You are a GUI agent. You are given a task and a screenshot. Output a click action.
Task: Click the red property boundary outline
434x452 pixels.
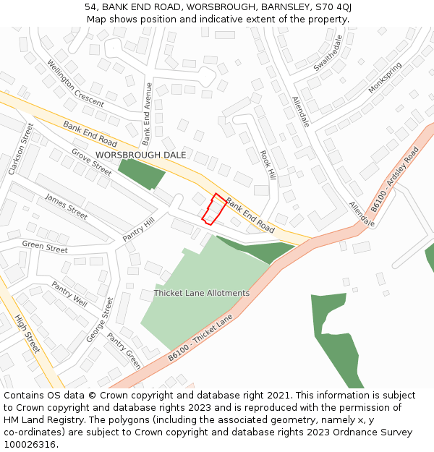(213, 209)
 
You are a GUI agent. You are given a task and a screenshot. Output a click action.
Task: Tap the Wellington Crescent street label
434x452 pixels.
(75, 83)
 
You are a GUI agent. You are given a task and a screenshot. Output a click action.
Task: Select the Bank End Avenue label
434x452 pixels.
(147, 114)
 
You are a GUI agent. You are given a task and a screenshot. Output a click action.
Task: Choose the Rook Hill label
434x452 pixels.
(268, 165)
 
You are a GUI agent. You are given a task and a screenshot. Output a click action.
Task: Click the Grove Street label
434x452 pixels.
(91, 162)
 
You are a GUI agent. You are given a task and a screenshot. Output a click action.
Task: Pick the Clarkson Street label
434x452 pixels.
(21, 148)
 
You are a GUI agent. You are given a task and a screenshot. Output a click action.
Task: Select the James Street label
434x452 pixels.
(66, 206)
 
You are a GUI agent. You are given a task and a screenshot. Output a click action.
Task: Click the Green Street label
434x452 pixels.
(44, 247)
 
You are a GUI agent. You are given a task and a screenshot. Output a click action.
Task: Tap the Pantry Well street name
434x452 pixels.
(69, 294)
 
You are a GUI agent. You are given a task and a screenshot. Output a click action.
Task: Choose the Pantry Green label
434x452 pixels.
(124, 350)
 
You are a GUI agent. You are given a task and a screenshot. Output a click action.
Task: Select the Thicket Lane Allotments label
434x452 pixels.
(201, 293)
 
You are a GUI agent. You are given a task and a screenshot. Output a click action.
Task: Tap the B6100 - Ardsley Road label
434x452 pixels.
(394, 180)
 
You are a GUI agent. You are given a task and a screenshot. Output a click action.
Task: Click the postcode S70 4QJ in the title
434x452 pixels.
(333, 7)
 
